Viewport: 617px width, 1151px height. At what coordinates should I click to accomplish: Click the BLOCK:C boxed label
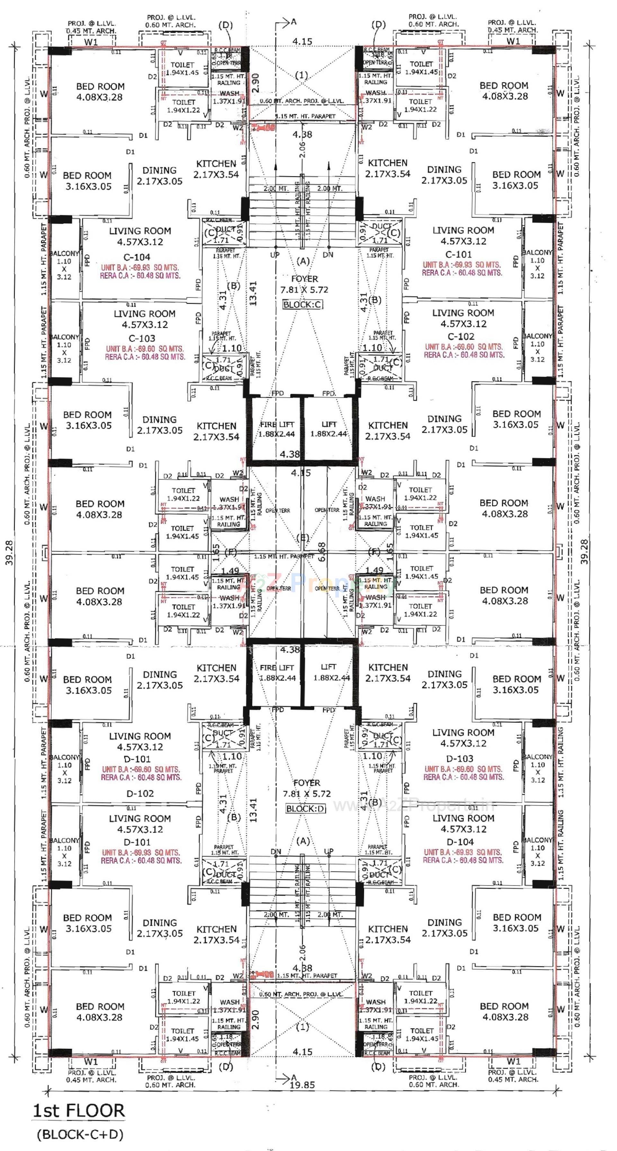pos(303,304)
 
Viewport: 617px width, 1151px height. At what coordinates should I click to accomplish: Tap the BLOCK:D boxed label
pos(306,809)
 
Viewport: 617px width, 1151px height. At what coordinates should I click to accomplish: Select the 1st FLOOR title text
pos(79,1111)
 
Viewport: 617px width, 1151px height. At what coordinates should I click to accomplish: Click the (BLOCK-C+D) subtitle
pos(80,1134)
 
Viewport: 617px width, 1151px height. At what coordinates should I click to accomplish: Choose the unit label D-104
pos(460,842)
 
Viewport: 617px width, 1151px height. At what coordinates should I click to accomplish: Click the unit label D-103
pos(460,758)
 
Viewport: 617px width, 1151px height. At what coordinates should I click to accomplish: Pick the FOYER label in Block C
pos(305,279)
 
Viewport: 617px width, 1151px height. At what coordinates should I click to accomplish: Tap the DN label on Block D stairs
pos(276,852)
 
